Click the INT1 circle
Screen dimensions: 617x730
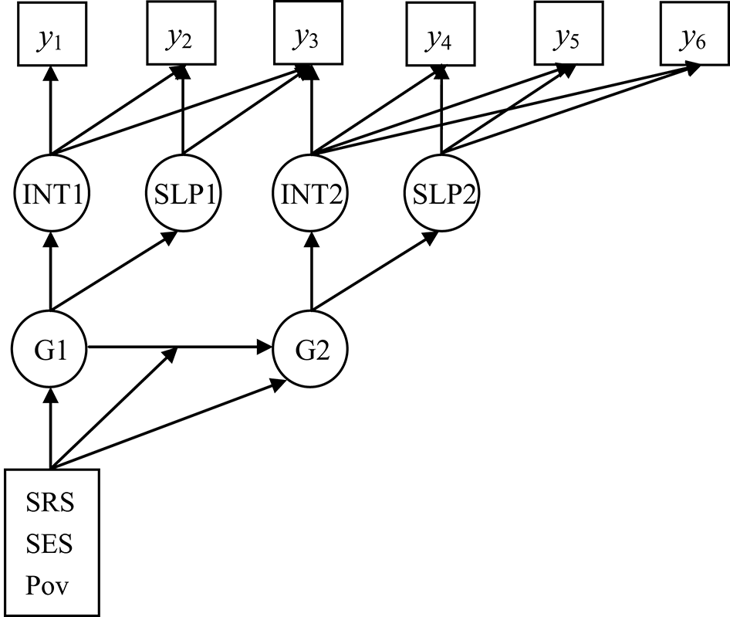[x=51, y=192]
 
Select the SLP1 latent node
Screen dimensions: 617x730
[x=182, y=192]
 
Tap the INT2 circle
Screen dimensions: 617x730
[x=312, y=192]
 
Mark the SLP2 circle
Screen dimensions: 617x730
[x=441, y=192]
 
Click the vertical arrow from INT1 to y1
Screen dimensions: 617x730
[x=51, y=112]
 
